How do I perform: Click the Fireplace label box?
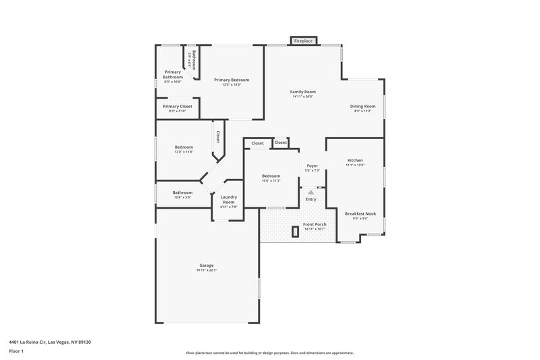(303, 41)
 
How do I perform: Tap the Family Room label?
(303, 92)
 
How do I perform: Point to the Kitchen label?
(354, 160)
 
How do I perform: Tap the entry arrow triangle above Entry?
(310, 192)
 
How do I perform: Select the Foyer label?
(312, 165)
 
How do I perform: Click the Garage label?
(206, 265)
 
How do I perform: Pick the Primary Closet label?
(177, 106)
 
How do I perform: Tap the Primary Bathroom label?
(173, 74)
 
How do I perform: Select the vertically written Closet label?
(218, 137)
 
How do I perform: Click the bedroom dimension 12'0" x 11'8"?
(184, 152)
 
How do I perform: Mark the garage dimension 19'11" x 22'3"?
(206, 270)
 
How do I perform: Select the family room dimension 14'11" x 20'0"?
(303, 97)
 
